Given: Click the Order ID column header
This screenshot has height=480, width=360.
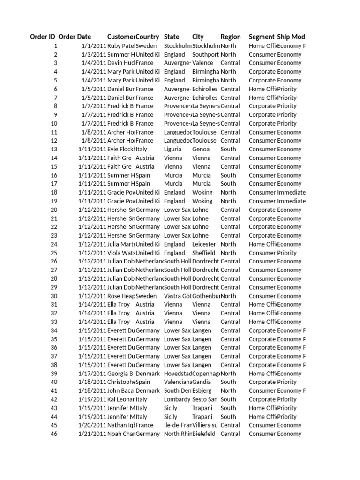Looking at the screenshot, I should click(x=43, y=37).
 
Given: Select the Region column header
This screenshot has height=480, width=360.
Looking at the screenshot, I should click(x=231, y=37).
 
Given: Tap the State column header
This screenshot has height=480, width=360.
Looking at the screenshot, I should click(x=172, y=37).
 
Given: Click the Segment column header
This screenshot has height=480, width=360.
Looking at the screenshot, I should click(x=262, y=37).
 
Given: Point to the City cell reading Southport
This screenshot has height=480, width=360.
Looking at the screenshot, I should click(x=205, y=54).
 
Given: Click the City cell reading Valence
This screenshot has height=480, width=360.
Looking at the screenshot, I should click(x=202, y=63).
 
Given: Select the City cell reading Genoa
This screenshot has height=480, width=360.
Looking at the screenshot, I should click(x=202, y=149).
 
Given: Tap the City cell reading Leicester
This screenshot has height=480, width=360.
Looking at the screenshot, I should click(x=204, y=244).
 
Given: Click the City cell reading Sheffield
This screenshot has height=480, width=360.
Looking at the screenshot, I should click(x=204, y=253).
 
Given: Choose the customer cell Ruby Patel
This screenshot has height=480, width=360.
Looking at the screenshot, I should click(x=121, y=46).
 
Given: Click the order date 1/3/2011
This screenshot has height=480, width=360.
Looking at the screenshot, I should click(x=93, y=54).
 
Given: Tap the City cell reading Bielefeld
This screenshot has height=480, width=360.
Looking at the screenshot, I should click(x=204, y=434).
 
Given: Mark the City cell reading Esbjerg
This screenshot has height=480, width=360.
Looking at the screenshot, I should click(x=202, y=390).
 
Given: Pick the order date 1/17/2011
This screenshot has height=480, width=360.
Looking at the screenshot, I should click(x=92, y=374).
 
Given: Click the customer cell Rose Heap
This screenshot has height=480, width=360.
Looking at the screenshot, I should click(x=121, y=296).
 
